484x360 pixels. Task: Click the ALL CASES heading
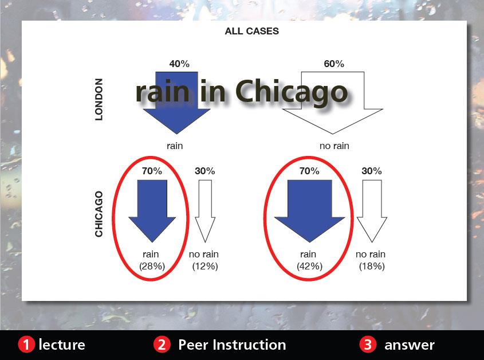coord(251,31)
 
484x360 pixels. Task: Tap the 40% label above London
coord(179,64)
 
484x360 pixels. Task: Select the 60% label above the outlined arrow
coord(334,64)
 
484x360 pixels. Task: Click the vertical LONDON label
coord(99,99)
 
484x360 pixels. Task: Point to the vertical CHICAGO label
coord(99,214)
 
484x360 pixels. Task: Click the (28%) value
coord(152,266)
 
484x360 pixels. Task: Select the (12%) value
coord(205,266)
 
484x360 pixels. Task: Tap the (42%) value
coord(310,266)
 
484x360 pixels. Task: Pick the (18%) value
coord(372,266)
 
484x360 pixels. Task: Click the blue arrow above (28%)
coord(152,210)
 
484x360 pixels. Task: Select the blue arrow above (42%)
coord(310,210)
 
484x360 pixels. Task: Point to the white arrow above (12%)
coord(205,211)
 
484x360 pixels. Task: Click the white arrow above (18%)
coord(372,211)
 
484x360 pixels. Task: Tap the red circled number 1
coord(26,345)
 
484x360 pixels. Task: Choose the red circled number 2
coord(162,345)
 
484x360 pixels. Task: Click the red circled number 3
coord(368,345)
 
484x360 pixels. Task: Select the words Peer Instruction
coord(232,345)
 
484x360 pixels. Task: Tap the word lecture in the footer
coord(62,345)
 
